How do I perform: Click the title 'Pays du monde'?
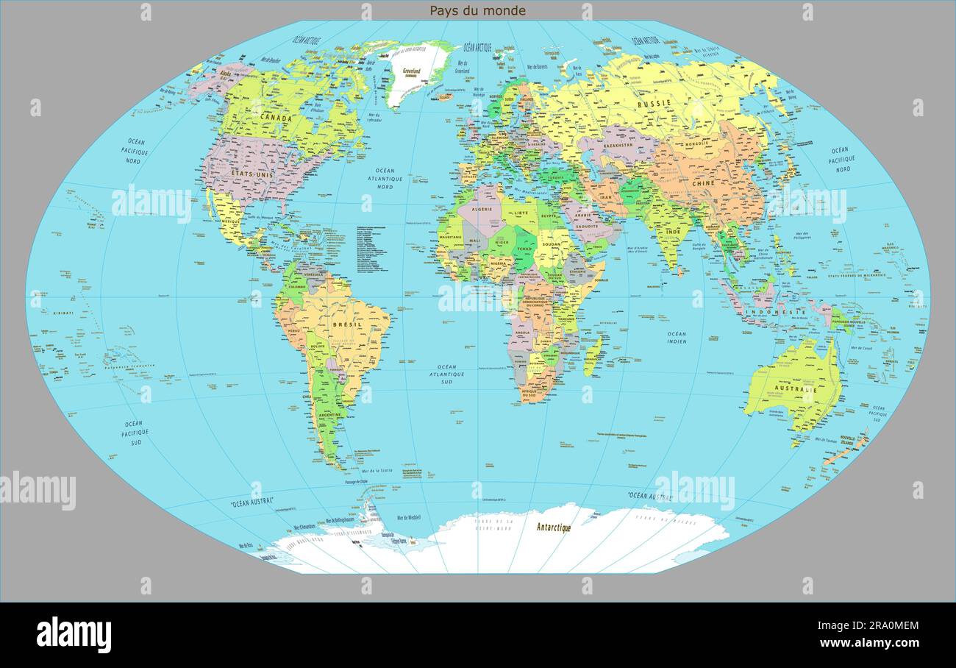coord(477,10)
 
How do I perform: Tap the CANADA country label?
coord(276,118)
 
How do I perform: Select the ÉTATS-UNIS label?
coord(252,173)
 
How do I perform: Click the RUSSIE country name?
coord(654,104)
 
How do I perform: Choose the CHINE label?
coord(704,182)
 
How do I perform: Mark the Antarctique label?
coord(554,527)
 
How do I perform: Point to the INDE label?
coord(674,232)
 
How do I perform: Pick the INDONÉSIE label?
coord(776,312)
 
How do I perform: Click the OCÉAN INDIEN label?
coord(677,337)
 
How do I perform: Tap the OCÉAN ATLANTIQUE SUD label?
coord(451,374)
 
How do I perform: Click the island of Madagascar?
coord(593,355)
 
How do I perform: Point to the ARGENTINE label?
coord(329,415)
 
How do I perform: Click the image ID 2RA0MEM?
coord(881,625)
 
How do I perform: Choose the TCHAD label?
coord(524,249)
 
